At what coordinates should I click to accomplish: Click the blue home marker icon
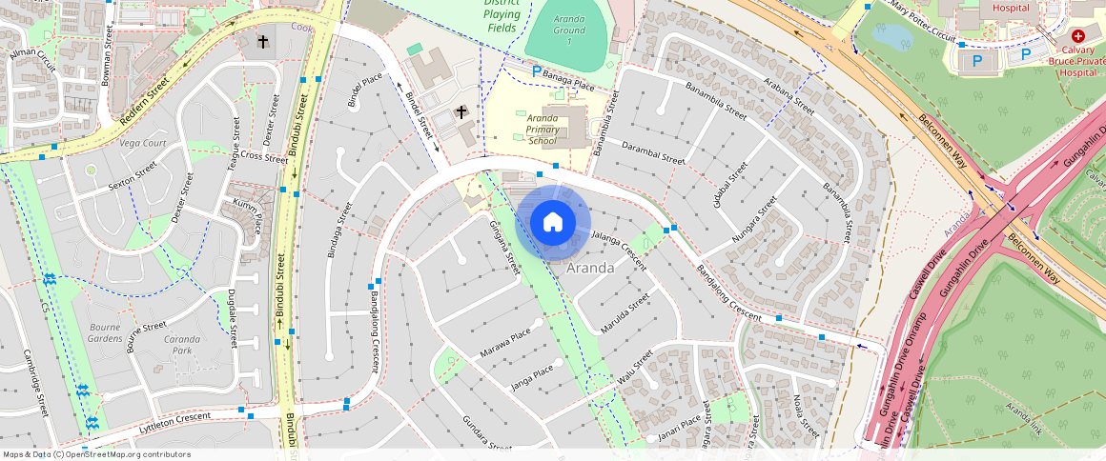(552, 223)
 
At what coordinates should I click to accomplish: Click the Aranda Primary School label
(542, 129)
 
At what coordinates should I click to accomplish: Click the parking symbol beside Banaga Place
(536, 70)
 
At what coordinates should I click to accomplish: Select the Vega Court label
(144, 143)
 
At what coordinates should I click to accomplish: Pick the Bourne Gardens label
(105, 332)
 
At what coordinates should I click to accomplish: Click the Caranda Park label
(181, 344)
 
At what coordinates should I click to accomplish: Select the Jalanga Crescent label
(619, 250)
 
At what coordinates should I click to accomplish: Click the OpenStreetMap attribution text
(97, 454)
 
